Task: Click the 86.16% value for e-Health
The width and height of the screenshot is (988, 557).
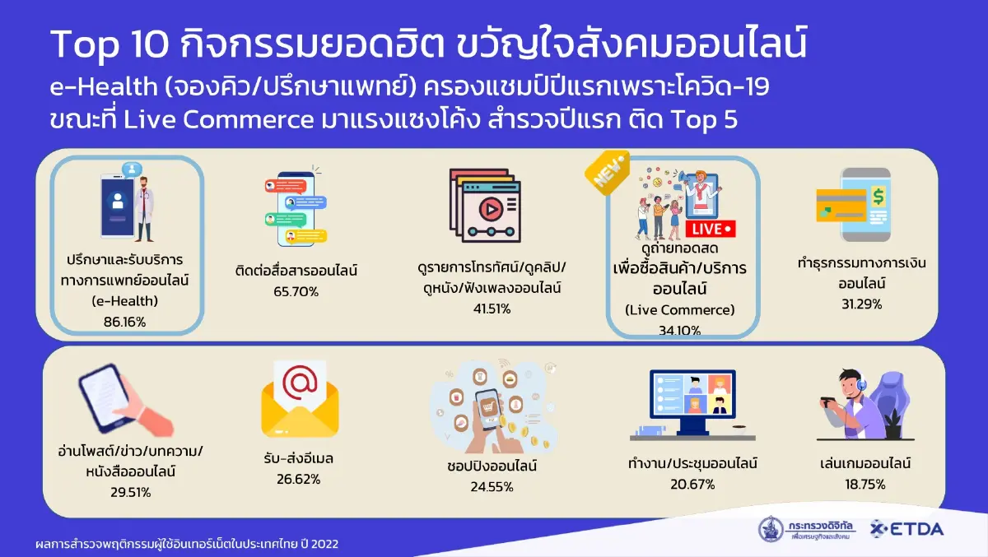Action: pyautogui.click(x=125, y=322)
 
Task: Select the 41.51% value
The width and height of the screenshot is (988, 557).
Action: pyautogui.click(x=492, y=309)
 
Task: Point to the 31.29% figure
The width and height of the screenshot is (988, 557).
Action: pyautogui.click(x=860, y=304)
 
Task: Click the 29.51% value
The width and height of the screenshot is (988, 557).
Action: pyautogui.click(x=130, y=492)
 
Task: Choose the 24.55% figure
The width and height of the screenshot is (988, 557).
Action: pyautogui.click(x=492, y=486)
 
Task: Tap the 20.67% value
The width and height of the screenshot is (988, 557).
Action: pyautogui.click(x=692, y=484)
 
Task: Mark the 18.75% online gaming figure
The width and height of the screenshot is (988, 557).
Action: pyautogui.click(x=863, y=484)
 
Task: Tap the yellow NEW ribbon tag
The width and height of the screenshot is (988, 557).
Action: pyautogui.click(x=608, y=172)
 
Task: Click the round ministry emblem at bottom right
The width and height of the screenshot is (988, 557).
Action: pyautogui.click(x=772, y=529)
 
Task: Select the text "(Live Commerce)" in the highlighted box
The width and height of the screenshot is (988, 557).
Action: pyautogui.click(x=680, y=309)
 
